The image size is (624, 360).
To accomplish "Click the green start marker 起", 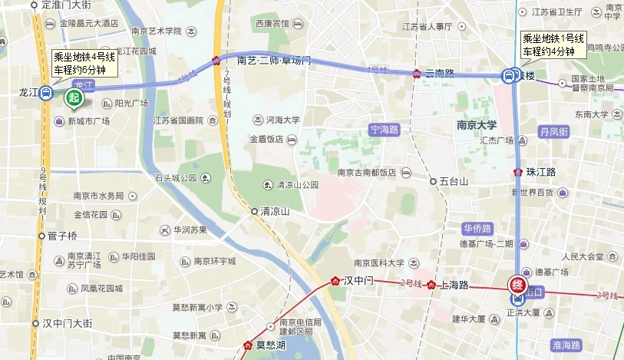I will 74,97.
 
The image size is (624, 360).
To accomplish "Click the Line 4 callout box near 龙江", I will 84,63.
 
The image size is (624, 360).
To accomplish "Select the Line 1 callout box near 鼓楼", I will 553,45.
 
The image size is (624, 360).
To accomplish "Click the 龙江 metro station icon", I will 46,94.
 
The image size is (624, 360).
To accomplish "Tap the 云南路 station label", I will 439,74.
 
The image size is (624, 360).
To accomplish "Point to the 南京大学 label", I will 477,124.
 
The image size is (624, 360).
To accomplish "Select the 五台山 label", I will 454,181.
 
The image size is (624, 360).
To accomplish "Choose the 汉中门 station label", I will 358,281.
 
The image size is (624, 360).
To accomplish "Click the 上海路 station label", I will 455,285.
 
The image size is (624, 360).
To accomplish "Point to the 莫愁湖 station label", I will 270,345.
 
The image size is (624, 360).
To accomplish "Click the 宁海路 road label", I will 385,129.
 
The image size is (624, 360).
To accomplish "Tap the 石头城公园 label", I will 176,178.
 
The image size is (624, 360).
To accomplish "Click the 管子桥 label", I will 62,236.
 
